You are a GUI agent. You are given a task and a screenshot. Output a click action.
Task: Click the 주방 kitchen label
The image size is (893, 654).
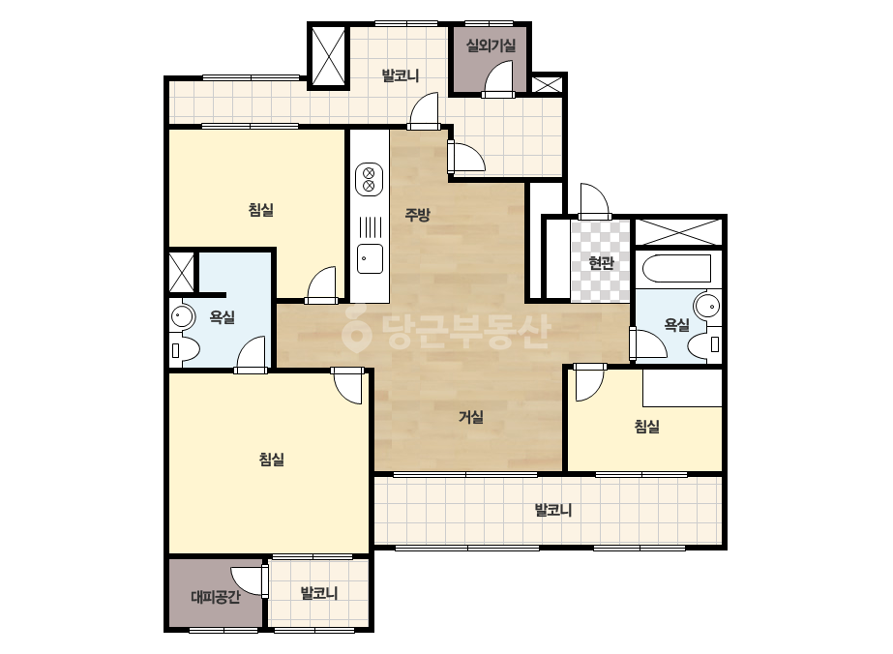click(x=417, y=215)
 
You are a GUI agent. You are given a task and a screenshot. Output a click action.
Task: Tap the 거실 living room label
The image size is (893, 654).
click(x=471, y=417)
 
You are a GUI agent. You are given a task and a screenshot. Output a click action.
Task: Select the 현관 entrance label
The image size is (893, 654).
click(x=601, y=262)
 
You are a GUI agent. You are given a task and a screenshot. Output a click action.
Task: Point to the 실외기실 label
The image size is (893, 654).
click(x=491, y=45)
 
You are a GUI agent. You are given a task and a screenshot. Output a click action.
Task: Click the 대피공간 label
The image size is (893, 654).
click(x=216, y=597)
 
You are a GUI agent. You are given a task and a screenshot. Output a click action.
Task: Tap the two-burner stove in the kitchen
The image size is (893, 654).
click(x=369, y=179)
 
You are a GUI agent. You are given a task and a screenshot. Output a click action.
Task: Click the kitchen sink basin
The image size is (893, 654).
click(x=370, y=258)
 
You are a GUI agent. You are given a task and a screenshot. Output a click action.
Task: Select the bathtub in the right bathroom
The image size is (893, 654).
click(x=676, y=268)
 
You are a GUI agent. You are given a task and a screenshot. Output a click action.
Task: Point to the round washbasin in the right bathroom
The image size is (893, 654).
click(x=709, y=306)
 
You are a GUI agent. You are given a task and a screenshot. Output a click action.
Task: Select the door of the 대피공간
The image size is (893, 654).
click(x=251, y=581)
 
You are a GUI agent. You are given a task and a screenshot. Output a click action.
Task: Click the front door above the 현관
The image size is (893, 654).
click(x=594, y=200)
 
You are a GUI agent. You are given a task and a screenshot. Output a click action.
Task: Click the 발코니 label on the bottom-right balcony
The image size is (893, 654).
click(x=553, y=510)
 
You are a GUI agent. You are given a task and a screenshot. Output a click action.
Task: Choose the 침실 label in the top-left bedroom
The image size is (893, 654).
click(x=261, y=210)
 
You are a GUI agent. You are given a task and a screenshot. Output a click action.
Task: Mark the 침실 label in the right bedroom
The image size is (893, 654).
click(x=647, y=426)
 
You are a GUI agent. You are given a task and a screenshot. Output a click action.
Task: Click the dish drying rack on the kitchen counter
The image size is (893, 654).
click(x=370, y=227)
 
